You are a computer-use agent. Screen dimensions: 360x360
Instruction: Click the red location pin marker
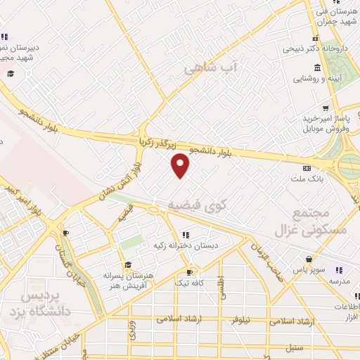point(181,165)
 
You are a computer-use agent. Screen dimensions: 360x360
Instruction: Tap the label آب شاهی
point(212,69)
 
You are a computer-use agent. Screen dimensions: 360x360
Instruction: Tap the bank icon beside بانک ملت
point(307,169)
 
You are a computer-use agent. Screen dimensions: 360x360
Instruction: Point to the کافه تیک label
point(188,282)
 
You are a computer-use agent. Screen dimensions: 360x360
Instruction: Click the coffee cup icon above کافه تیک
point(188,272)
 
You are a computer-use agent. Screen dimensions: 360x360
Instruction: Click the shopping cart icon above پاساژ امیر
point(325,108)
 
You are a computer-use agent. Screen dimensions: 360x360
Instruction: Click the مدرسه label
point(339,281)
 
